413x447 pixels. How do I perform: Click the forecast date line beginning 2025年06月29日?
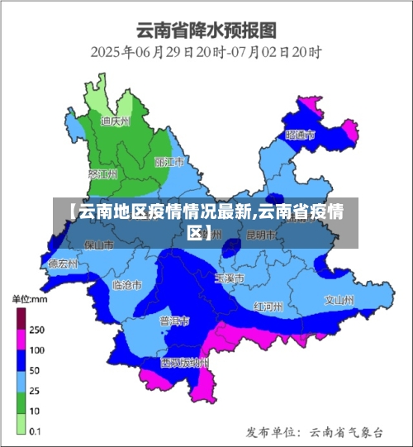click(206, 51)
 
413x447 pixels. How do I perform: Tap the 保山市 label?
click(99, 245)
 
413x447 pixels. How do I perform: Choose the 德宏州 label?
click(63, 264)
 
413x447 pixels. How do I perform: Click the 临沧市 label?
click(126, 284)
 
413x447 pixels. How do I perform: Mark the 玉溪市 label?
click(229, 279)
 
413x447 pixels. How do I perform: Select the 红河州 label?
click(268, 306)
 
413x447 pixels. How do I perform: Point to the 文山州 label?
click(339, 300)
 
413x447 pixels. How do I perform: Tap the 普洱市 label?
click(174, 321)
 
